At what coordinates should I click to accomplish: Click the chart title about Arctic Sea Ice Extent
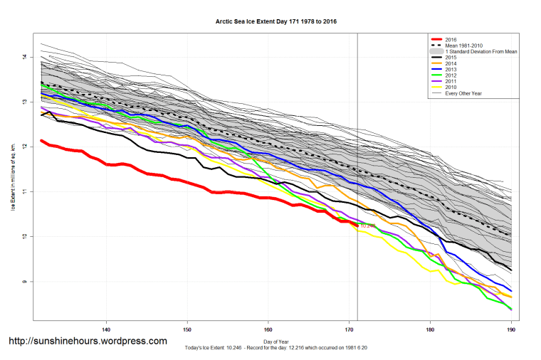tap(276, 22)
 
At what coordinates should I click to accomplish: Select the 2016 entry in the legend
tap(449, 38)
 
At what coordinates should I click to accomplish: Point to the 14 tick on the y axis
tap(24, 57)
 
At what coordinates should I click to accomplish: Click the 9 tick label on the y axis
tap(24, 282)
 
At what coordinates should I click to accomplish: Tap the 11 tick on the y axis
tap(24, 192)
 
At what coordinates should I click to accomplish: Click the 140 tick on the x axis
tap(106, 330)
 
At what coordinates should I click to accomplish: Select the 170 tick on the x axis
tap(349, 330)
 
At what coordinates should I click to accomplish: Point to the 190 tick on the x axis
tap(510, 330)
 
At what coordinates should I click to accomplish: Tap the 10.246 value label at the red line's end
tap(367, 226)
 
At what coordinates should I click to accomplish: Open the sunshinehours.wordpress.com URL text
tap(88, 342)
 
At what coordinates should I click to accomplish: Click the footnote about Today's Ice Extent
tap(276, 348)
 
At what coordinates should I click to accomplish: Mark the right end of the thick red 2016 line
tap(357, 225)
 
